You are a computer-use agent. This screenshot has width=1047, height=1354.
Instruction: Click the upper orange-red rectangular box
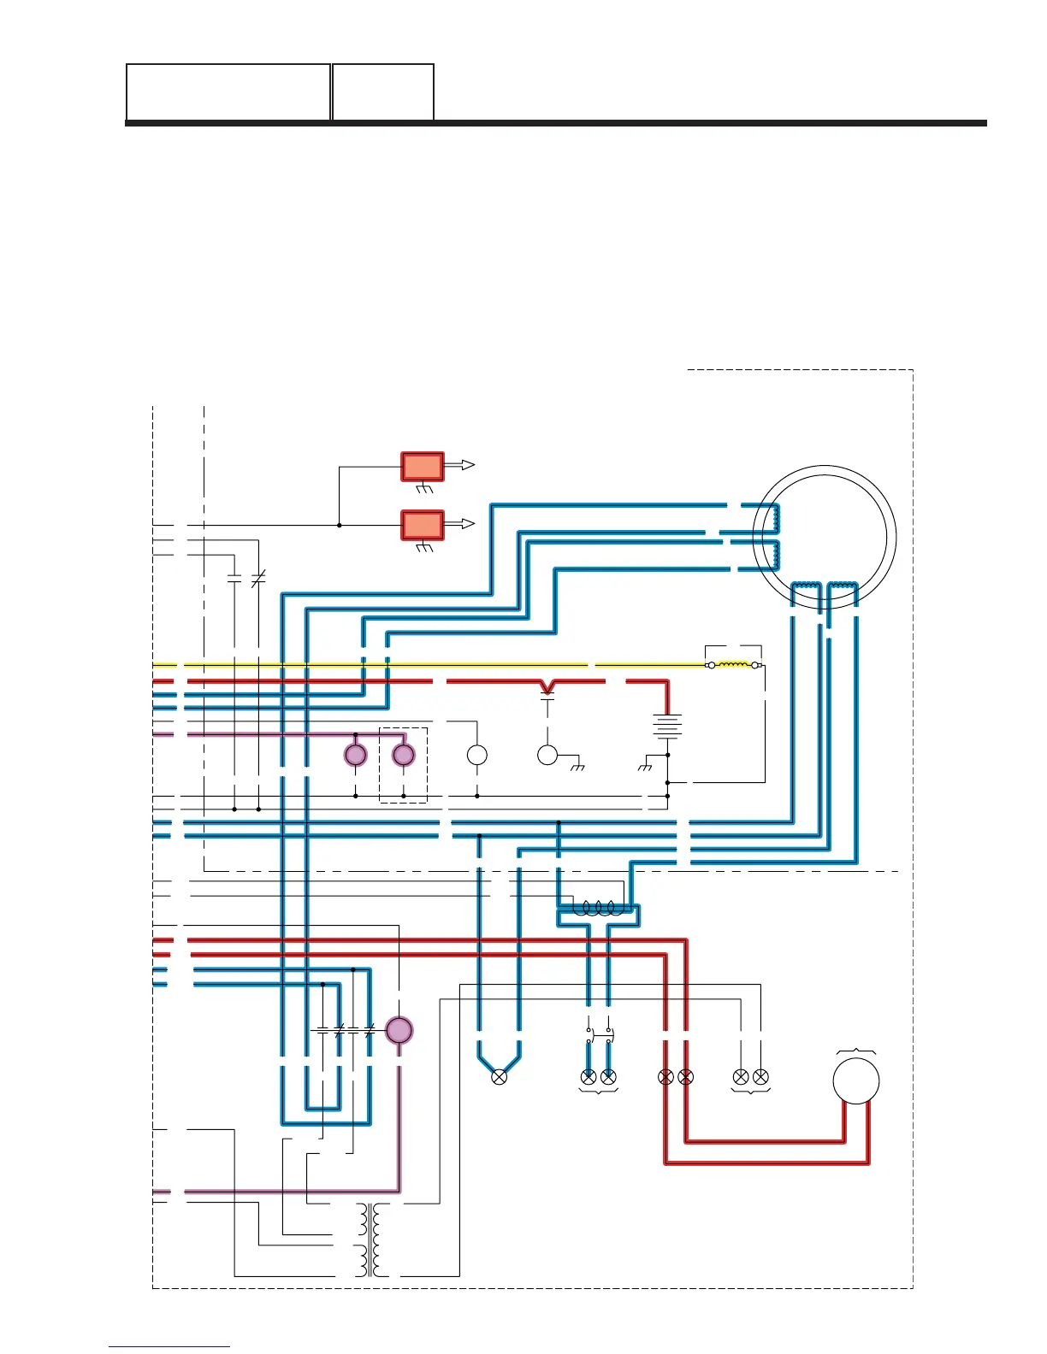coord(423,467)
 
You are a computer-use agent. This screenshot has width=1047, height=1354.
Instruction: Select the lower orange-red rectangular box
coord(423,525)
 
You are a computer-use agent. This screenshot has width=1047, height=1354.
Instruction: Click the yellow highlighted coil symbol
coord(732,664)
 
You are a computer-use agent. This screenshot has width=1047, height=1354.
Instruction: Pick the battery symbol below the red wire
coord(667,727)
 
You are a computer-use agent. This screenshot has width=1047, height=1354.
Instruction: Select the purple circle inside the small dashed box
coord(403,756)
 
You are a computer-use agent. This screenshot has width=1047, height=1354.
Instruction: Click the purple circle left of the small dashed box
coord(355,756)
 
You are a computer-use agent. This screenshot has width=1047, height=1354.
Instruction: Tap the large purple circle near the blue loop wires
coord(399,1030)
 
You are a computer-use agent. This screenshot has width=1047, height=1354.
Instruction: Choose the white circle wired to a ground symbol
coord(547,755)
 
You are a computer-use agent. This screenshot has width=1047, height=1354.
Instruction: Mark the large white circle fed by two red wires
coord(855,1080)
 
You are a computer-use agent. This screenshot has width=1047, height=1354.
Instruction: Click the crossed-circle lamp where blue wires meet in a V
coord(500,1077)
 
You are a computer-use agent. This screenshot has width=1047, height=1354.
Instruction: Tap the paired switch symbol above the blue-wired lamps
coord(599,1035)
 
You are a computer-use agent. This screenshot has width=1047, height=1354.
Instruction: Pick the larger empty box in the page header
coord(228,92)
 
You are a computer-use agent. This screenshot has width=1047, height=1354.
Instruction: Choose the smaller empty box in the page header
coord(382,92)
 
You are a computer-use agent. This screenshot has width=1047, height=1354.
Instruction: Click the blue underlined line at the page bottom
coord(169,1347)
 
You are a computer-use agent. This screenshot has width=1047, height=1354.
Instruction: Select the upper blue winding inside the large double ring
coord(776,518)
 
